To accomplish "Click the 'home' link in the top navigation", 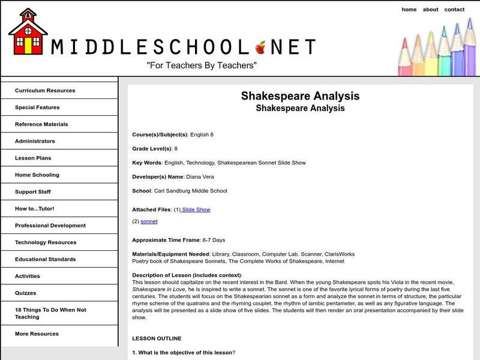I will [x=409, y=10].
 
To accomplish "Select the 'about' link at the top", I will [x=430, y=10].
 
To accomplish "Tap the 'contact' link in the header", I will [x=454, y=10].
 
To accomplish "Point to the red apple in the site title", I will [x=260, y=46].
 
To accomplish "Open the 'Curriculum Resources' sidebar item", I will [x=45, y=91].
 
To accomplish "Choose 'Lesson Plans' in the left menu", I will [x=33, y=158].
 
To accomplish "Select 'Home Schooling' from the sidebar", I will [x=37, y=175].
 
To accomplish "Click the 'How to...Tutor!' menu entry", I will [x=35, y=209].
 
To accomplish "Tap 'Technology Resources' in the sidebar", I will [x=46, y=242].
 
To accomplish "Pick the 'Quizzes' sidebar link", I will [x=26, y=293].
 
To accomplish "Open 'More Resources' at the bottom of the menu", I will [x=37, y=334].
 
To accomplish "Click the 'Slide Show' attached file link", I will [x=196, y=209].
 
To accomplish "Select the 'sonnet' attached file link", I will [x=149, y=221].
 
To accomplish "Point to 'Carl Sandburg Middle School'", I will [x=190, y=191].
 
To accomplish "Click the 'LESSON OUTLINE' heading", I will [x=157, y=338].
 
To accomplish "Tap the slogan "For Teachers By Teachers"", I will [x=202, y=64].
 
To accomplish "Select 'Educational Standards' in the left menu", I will [x=46, y=259].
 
